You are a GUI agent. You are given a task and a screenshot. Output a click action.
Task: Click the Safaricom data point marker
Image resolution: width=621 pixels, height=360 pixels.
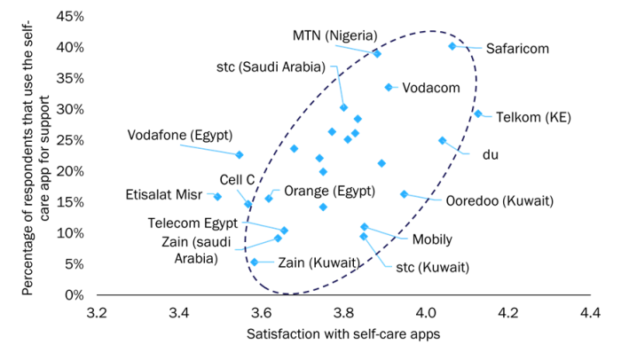click(x=452, y=46)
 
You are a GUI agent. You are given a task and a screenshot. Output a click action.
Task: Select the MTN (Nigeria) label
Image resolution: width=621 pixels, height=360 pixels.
click(x=335, y=35)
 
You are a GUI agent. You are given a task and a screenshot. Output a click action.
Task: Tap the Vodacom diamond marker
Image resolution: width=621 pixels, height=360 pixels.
click(x=389, y=88)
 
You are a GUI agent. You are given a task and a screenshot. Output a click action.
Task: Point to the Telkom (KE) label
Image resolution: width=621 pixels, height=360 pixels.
click(x=533, y=118)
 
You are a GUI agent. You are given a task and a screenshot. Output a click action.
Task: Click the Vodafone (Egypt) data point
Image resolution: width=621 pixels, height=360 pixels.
click(x=240, y=155)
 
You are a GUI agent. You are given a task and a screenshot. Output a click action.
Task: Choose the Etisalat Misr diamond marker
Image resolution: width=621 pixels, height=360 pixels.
click(x=217, y=197)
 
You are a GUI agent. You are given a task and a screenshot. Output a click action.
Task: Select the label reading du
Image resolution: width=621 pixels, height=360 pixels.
click(x=491, y=155)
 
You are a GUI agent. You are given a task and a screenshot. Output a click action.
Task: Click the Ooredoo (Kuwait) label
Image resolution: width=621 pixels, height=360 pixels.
click(x=499, y=200)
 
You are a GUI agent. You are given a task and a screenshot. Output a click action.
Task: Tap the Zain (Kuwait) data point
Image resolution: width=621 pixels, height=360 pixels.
click(x=255, y=262)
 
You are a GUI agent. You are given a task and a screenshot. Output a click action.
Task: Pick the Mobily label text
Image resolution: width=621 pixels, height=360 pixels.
click(x=432, y=239)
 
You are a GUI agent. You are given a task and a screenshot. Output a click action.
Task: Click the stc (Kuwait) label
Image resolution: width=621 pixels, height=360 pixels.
click(x=433, y=267)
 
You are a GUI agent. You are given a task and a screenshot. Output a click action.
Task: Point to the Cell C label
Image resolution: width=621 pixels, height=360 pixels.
click(x=237, y=180)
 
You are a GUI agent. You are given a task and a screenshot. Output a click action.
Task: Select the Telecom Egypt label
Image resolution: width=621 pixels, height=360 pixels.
click(x=193, y=223)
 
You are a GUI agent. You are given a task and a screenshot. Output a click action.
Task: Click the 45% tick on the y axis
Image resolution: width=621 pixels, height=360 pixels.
click(x=70, y=16)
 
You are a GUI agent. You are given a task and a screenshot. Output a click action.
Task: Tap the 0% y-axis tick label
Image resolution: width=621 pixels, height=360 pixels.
click(x=75, y=295)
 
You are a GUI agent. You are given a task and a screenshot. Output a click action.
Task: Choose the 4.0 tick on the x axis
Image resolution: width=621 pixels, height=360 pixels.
click(x=426, y=313)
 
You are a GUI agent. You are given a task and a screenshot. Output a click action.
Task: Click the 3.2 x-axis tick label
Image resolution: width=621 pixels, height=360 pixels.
click(x=97, y=313)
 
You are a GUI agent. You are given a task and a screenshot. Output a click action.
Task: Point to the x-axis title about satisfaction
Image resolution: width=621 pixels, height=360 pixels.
click(x=343, y=334)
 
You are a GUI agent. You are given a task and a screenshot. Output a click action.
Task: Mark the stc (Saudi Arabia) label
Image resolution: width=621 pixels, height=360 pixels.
click(x=271, y=67)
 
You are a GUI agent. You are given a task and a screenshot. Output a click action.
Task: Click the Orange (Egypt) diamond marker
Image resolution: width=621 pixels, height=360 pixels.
click(x=269, y=199)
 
